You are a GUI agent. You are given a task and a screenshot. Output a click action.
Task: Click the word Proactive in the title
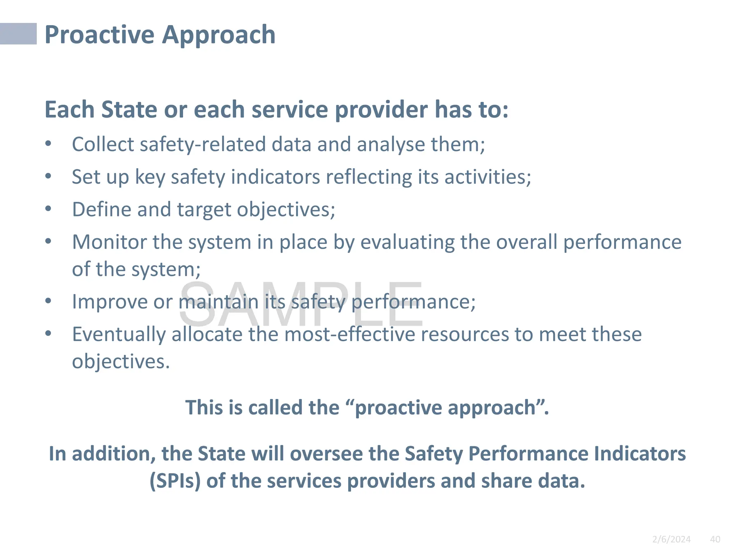99,35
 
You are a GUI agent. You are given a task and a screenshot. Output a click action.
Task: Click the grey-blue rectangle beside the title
18,34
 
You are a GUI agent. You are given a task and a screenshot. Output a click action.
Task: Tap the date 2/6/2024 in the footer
671,539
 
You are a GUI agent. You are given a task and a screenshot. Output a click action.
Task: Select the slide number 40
715,539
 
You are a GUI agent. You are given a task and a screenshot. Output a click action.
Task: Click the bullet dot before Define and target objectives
48,209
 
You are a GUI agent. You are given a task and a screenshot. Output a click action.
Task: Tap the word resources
464,334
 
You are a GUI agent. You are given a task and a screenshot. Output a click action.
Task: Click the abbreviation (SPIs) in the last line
175,481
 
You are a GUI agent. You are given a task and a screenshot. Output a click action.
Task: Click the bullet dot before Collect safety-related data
48,144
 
